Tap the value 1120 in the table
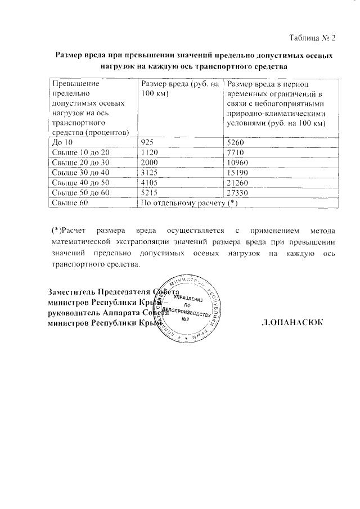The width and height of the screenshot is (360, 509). pos(150,152)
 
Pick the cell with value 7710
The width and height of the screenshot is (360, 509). pos(236,152)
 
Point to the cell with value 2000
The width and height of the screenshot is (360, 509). pos(150,163)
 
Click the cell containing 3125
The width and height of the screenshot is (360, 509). pos(150,173)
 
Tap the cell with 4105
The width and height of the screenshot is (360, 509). pos(150,183)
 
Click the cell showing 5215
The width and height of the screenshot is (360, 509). pos(150,193)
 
